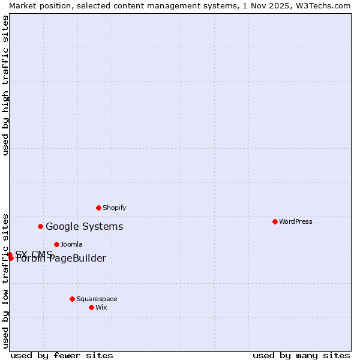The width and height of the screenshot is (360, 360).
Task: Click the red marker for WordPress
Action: pos(275,221)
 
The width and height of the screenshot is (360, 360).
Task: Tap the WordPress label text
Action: pos(296,221)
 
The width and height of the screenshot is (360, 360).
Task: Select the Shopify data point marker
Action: pos(98,208)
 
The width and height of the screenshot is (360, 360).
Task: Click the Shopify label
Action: pos(114,208)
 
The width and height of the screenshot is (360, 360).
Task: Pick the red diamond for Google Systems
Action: pos(41,226)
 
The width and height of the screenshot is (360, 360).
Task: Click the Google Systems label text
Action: pos(84,226)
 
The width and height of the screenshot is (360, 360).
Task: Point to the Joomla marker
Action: pos(56,244)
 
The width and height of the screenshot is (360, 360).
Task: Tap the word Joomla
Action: pos(71,244)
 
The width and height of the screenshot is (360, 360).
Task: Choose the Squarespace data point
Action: pos(72,299)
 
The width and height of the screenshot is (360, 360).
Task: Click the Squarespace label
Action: pos(97,299)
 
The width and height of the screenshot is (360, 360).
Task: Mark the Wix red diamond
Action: pos(91,307)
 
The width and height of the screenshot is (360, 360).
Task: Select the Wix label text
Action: pos(101,307)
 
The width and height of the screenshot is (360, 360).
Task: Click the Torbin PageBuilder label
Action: pos(61,259)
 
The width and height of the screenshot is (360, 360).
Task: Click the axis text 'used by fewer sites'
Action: pos(62,355)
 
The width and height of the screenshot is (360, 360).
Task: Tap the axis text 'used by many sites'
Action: pos(301,355)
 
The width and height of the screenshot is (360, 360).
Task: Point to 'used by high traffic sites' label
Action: pos(5,85)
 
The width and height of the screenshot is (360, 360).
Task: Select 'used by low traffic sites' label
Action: pos(5,280)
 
